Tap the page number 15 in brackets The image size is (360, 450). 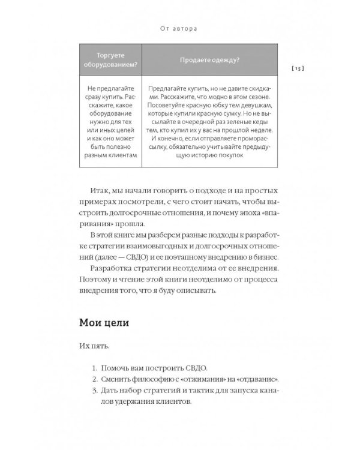click(298, 69)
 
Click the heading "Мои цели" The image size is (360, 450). click(104, 323)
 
